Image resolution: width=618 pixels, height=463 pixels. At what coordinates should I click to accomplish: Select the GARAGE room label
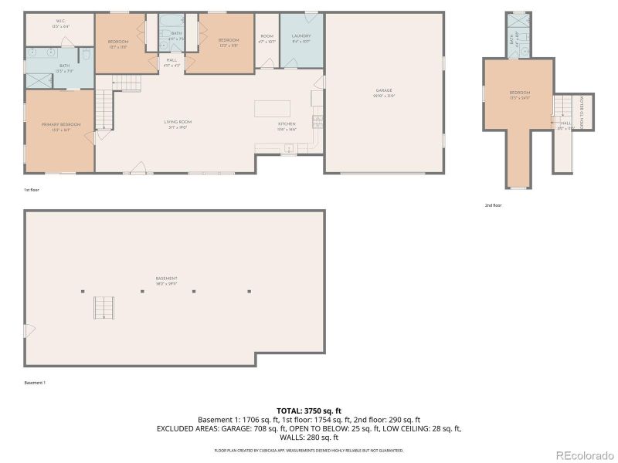tap(384, 91)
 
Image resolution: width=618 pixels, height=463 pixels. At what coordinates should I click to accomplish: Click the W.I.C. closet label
tap(60, 21)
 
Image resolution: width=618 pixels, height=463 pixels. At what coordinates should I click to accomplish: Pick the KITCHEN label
tap(287, 123)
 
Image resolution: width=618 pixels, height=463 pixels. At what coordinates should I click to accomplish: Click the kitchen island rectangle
tap(273, 107)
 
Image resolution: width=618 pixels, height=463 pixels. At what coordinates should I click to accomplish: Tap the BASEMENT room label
tap(166, 279)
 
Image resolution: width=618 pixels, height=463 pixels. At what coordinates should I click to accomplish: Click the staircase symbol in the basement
tap(104, 307)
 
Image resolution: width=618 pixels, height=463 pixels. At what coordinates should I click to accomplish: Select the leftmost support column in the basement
tap(83, 292)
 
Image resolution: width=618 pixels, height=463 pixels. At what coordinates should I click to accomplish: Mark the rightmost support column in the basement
tap(250, 292)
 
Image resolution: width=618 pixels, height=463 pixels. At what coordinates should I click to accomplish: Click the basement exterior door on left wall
tap(29, 330)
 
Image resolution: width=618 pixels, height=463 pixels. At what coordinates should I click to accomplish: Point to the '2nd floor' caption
tap(493, 205)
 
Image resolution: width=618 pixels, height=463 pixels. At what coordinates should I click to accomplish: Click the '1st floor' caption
tap(32, 189)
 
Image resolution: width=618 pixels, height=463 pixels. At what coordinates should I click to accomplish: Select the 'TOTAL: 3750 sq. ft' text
tap(308, 411)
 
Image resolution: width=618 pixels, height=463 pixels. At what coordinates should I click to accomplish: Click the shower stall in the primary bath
tap(36, 79)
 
